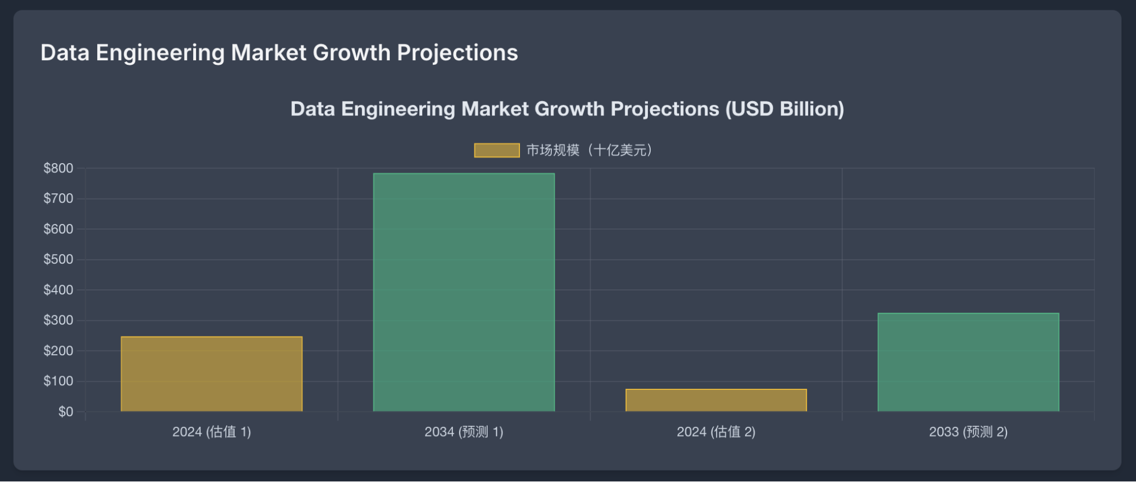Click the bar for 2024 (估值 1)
pos(211,374)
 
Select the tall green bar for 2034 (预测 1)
pos(464,292)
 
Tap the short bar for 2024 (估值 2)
pos(716,400)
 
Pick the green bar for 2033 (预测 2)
pos(968,362)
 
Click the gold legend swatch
pos(497,150)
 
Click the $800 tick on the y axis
pos(59,168)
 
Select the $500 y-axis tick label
pos(59,259)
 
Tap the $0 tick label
pos(65,412)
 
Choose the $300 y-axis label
pos(59,320)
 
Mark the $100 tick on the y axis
pos(59,381)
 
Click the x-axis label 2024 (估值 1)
pos(211,432)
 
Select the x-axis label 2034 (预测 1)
pos(464,432)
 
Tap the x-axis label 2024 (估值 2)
pos(716,432)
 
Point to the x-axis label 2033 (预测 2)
pos(968,432)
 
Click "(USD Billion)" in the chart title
pos(784,109)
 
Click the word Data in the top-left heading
pos(65,53)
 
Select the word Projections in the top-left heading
pos(457,53)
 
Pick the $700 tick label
pos(59,198)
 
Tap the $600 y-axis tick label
pos(59,229)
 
